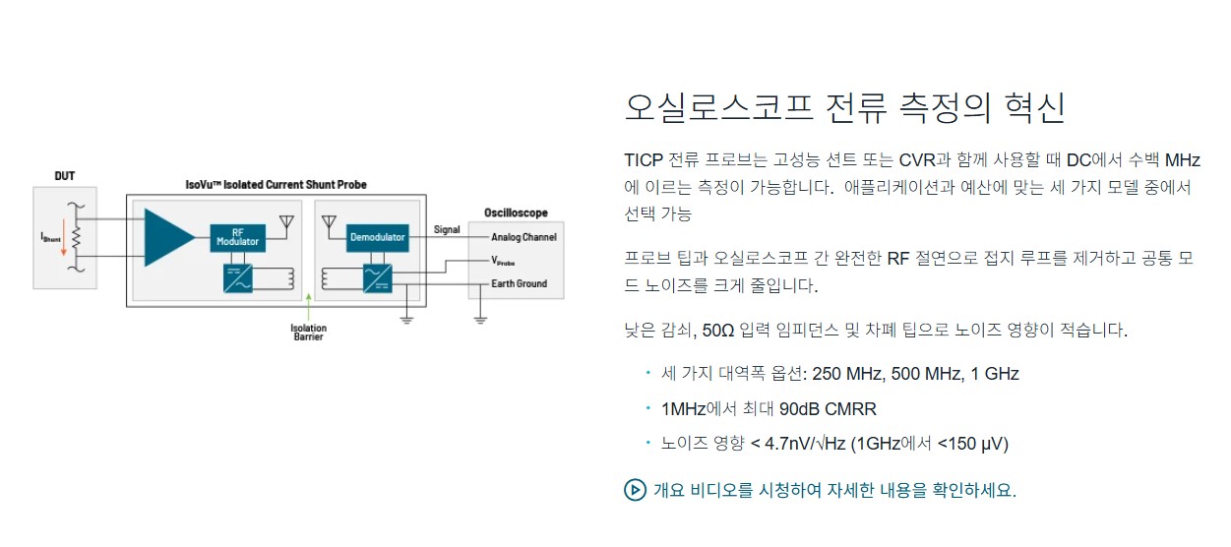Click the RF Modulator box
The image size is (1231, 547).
coord(237,237)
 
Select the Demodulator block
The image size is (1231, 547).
coord(377,237)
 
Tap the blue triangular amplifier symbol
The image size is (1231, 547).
coord(168,237)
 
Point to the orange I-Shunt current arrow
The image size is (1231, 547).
coord(64,239)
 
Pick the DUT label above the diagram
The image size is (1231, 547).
coord(64,176)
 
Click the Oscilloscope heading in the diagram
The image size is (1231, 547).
coord(516,213)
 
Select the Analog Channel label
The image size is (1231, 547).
coord(523,237)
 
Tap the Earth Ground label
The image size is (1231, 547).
coord(520,283)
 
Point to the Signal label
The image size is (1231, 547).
coord(447,229)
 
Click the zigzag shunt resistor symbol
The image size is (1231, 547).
coord(77,236)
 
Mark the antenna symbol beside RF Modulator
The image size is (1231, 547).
coord(286,222)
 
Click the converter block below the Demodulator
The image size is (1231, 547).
coord(377,278)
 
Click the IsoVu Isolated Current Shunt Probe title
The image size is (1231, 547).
coord(277,185)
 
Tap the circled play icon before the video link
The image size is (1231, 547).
coord(635,490)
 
